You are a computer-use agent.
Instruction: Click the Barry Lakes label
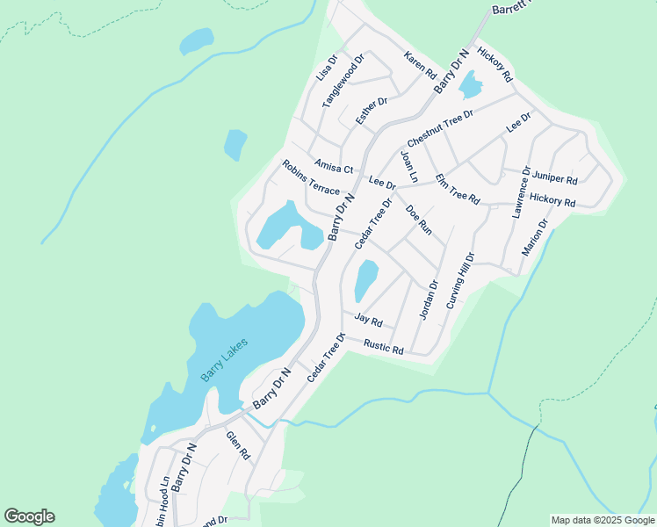(225, 360)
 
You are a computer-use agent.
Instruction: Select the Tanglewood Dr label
(343, 84)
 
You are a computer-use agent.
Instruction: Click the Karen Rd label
(420, 66)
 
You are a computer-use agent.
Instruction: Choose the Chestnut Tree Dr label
(440, 129)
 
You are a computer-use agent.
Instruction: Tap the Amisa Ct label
(334, 167)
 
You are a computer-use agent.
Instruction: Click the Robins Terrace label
(310, 177)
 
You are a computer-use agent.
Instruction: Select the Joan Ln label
(408, 166)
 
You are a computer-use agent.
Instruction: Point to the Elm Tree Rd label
(457, 189)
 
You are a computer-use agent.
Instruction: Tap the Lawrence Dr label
(522, 191)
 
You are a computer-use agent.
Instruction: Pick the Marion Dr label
(535, 237)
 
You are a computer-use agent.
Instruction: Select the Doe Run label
(419, 220)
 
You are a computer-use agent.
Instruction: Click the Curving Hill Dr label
(460, 281)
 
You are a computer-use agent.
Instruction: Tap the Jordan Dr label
(429, 300)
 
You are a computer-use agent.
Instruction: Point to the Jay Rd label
(369, 321)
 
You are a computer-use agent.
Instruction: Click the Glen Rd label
(238, 445)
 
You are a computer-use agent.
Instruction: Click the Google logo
(29, 516)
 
